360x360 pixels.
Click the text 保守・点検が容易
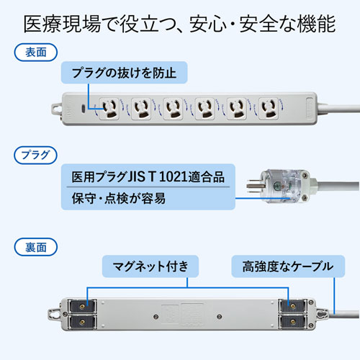coord(119,197)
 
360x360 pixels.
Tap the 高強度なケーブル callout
coord(282,266)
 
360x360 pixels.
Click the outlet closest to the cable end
coord(269,108)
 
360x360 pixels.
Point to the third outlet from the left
coord(174,108)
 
